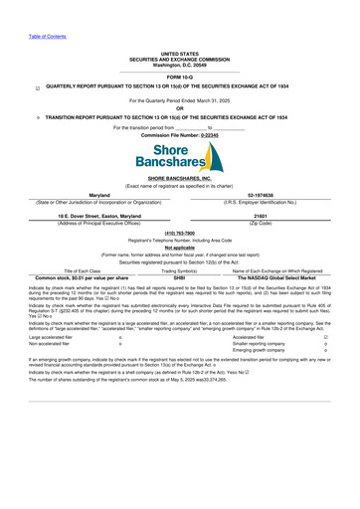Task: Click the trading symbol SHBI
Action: tap(179, 304)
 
